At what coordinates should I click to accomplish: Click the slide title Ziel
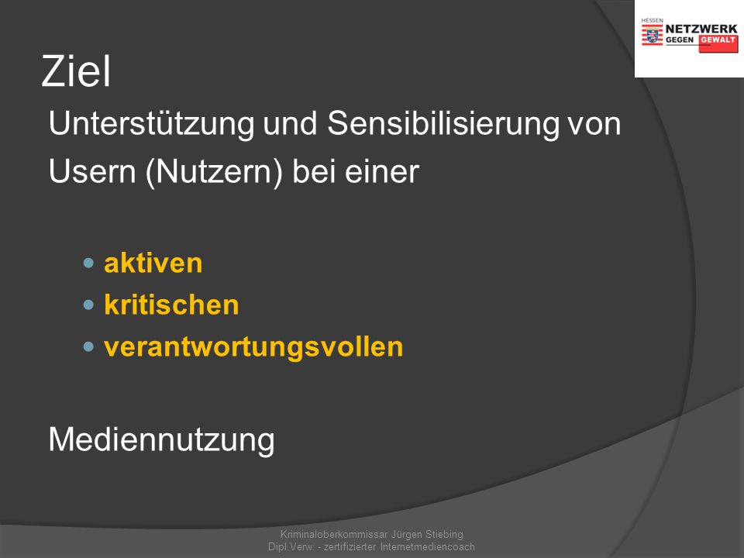[76, 71]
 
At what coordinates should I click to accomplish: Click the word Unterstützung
[152, 124]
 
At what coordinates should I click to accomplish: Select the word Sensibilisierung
[443, 123]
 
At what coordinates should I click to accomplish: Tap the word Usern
[92, 171]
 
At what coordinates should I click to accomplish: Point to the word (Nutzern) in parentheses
[215, 173]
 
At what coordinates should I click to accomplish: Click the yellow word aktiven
[153, 263]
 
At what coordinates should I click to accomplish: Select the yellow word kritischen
[171, 305]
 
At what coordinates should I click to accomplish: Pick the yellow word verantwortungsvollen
[253, 347]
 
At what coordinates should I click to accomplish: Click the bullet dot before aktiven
[88, 263]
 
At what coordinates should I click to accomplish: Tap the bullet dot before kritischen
[88, 305]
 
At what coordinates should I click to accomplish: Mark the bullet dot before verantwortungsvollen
[88, 347]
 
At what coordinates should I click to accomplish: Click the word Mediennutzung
[162, 440]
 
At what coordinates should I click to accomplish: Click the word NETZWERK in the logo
[701, 29]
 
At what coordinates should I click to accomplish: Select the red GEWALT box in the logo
[718, 43]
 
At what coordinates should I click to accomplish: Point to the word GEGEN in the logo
[680, 40]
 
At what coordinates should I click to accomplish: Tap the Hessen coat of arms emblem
[653, 35]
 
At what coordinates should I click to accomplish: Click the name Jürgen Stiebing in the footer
[427, 534]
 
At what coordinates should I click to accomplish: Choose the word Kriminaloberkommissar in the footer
[334, 534]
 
